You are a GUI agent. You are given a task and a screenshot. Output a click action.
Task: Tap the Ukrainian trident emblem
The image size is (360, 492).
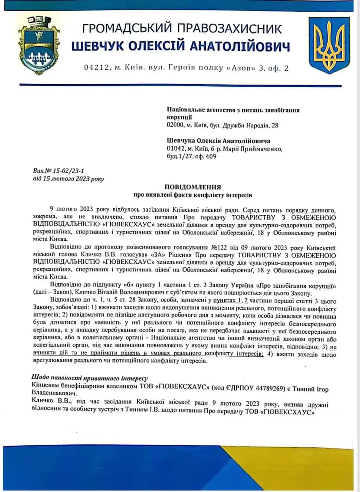pos(329,45)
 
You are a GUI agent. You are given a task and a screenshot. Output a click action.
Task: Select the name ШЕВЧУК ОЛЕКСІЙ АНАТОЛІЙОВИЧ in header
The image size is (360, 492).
pos(180,46)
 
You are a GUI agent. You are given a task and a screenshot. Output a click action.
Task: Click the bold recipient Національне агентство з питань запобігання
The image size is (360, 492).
pos(233,110)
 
